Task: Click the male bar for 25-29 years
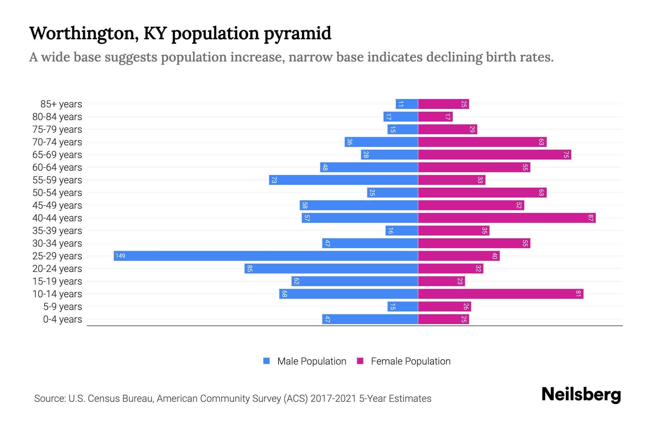(266, 256)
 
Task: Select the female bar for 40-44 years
(506, 218)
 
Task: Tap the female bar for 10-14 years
(500, 294)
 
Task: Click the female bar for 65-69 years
(494, 155)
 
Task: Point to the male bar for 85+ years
(406, 104)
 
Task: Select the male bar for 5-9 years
(402, 307)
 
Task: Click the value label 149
(120, 256)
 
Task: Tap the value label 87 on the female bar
(591, 218)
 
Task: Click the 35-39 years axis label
(57, 231)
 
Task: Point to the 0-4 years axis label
(62, 319)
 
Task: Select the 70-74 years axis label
(57, 142)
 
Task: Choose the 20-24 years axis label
(57, 269)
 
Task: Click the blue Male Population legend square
(267, 361)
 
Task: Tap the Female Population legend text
(410, 361)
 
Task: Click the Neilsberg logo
(581, 395)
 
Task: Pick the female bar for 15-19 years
(441, 281)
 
